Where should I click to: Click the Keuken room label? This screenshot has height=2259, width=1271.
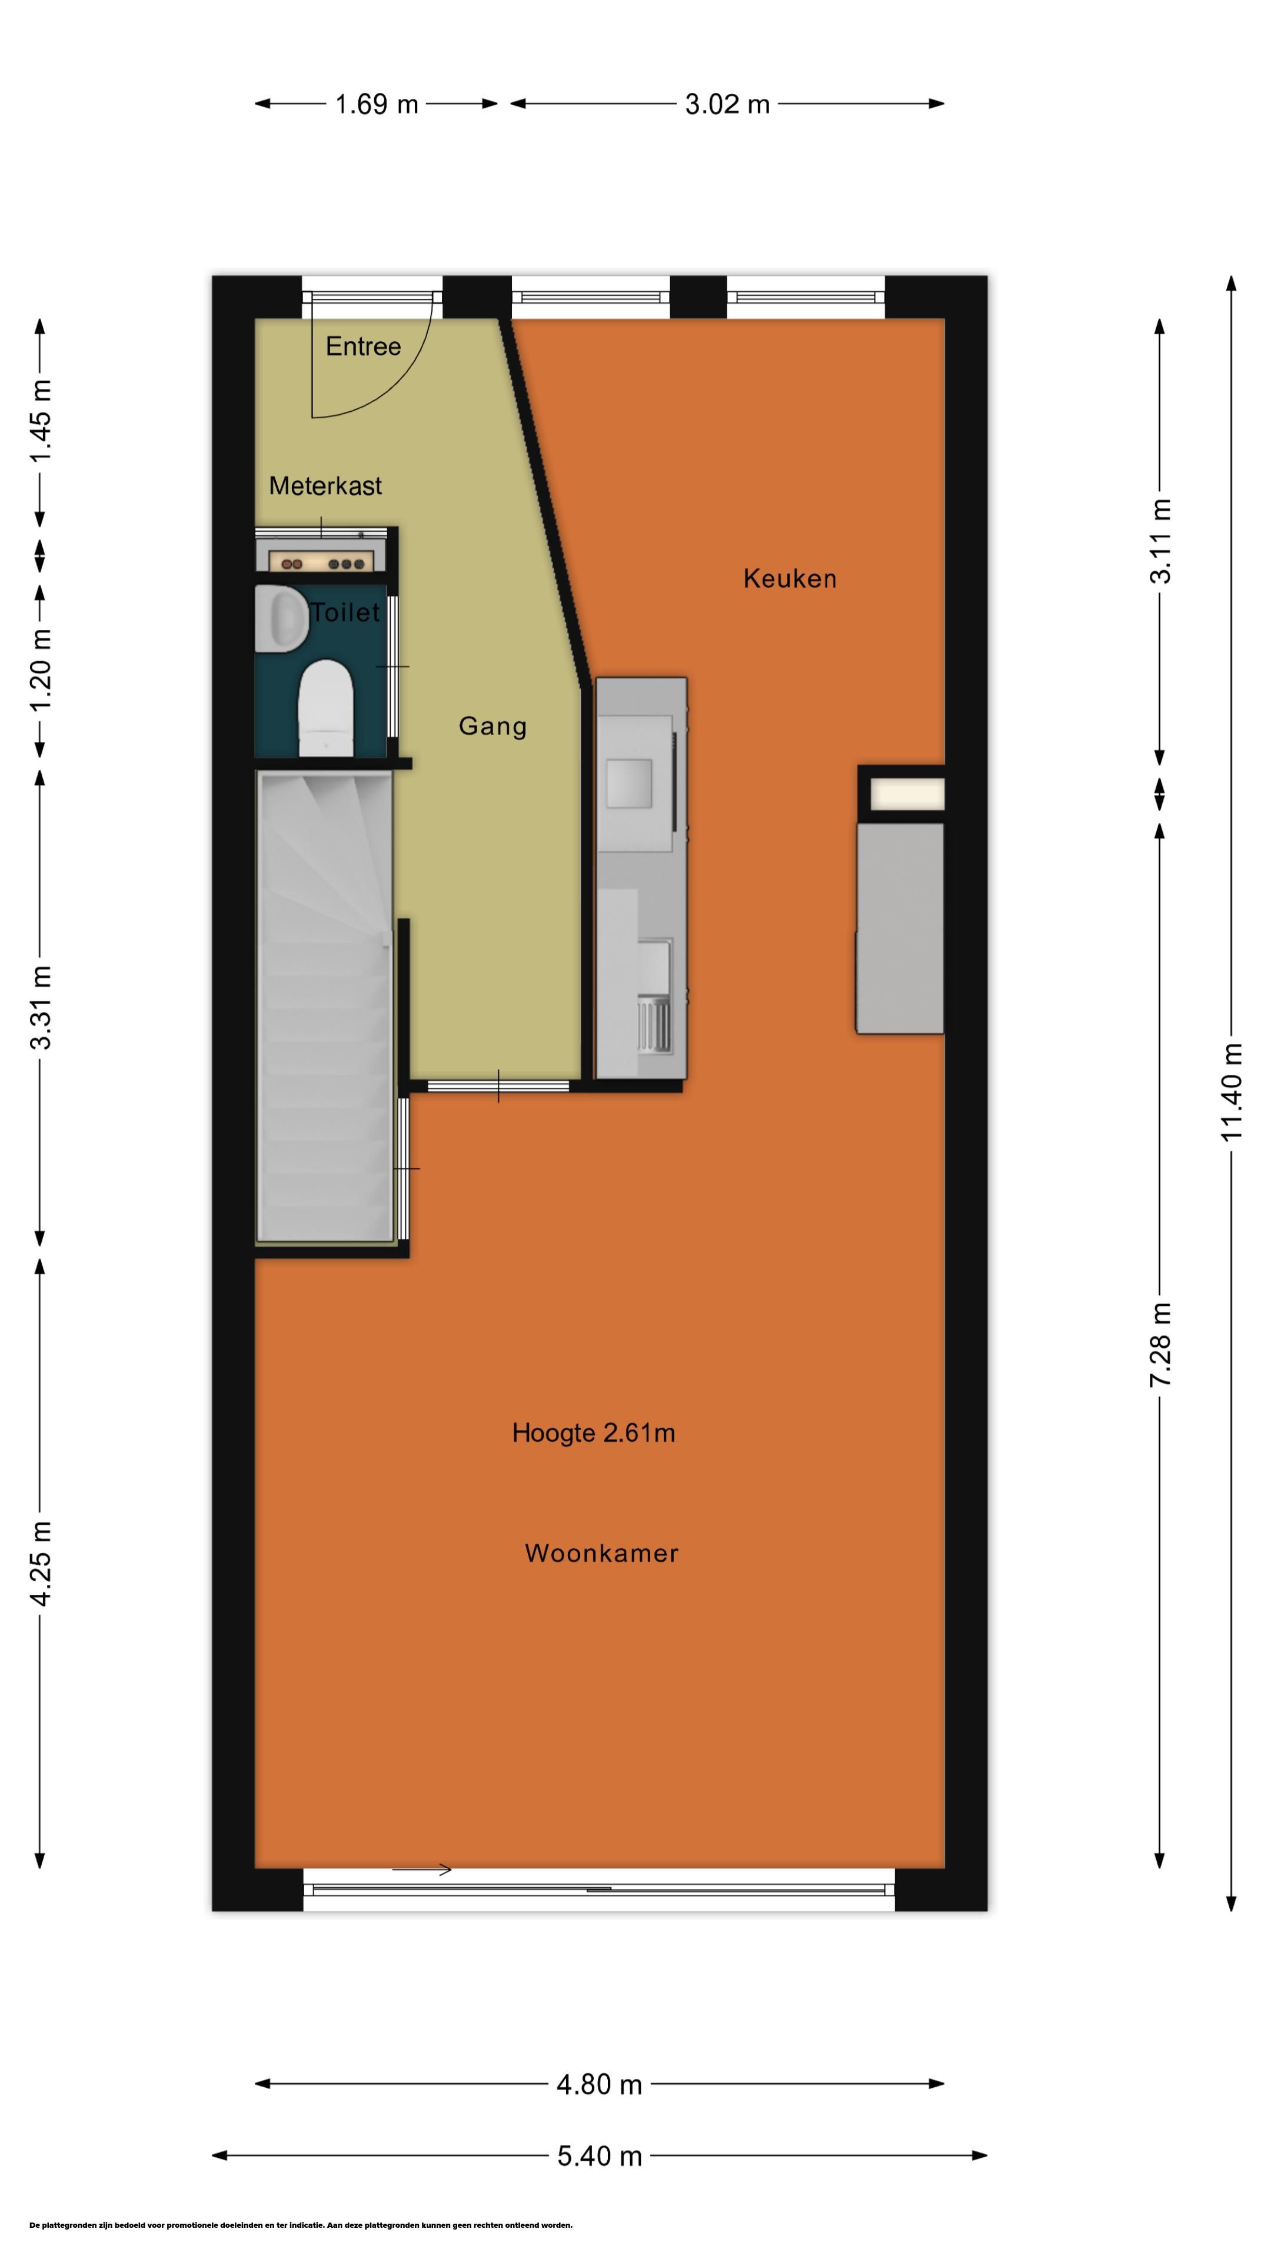point(790,579)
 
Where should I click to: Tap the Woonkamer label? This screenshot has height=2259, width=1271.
point(602,1553)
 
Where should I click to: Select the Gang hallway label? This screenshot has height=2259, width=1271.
point(493,726)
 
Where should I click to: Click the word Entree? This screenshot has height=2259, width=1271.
point(363,346)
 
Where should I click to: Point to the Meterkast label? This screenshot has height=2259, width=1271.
point(325,486)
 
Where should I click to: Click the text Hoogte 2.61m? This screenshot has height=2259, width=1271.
point(594,1433)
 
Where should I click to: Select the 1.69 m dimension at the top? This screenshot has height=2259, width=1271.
point(377,104)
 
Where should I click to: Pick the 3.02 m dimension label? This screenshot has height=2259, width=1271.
point(727,104)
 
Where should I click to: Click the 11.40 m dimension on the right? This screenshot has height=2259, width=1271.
point(1232,1092)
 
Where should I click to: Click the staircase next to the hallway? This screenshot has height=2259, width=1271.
point(324,1007)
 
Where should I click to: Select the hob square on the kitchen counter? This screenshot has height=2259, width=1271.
point(628,784)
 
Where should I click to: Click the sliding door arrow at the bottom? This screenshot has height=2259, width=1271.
point(422,1870)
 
